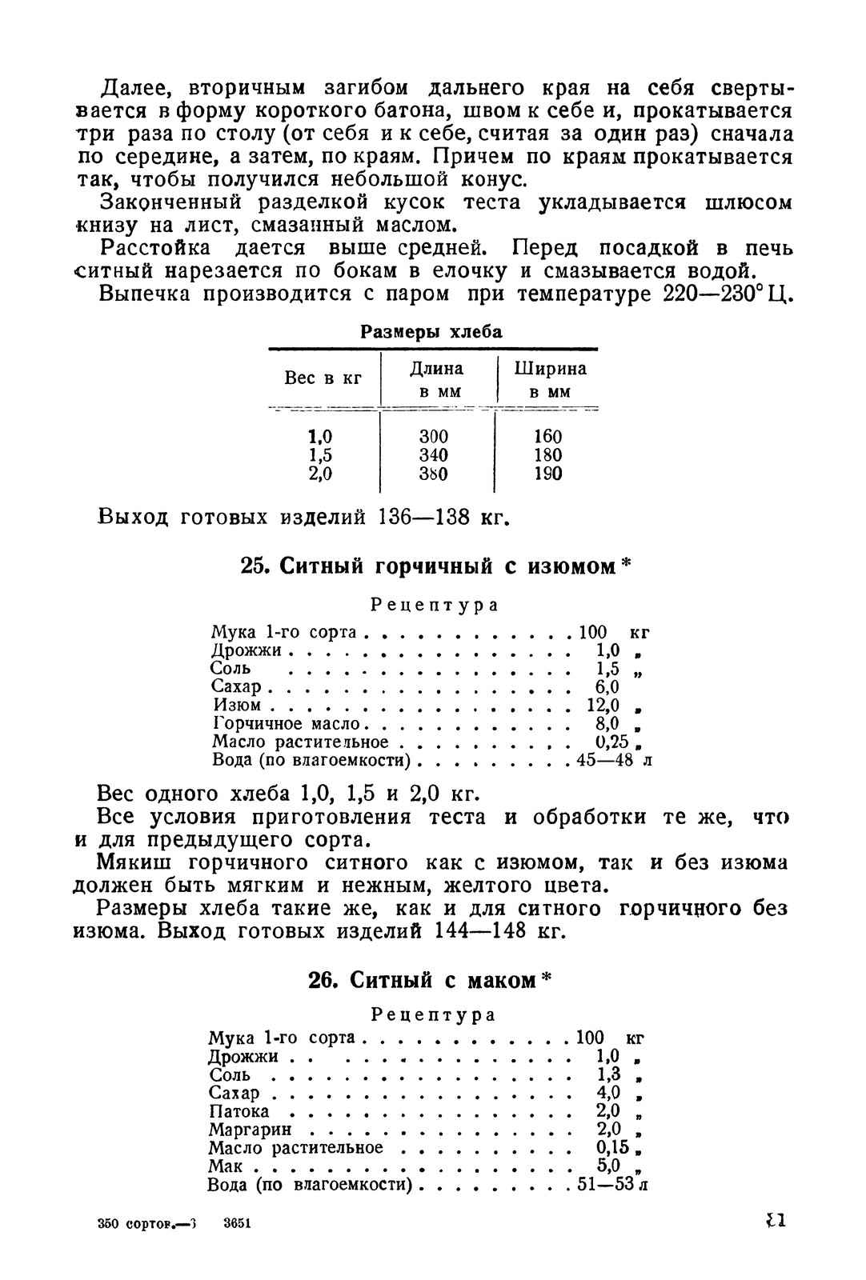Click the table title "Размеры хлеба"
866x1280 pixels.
coord(431,333)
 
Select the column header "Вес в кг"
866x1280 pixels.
coord(323,378)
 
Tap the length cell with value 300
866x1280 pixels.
coord(434,437)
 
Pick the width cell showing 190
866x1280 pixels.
coord(548,474)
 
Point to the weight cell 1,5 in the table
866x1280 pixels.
coord(320,455)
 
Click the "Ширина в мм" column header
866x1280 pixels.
coord(550,379)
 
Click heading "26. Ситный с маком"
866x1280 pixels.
coord(431,980)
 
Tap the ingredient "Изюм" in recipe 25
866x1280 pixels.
coord(237,706)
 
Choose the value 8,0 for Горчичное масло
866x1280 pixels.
coord(607,724)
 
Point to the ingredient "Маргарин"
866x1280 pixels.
coord(250,1130)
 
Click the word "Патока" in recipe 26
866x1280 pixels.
coord(239,1111)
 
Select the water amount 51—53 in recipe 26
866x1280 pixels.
coord(606,1185)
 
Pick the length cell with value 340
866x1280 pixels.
coord(434,455)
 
